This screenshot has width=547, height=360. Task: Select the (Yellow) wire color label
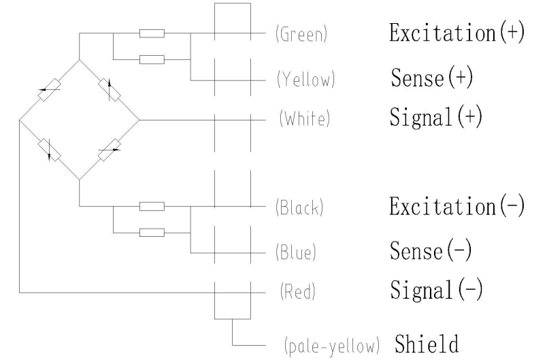pyautogui.click(x=305, y=80)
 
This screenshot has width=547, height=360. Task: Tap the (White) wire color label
pyautogui.click(x=304, y=119)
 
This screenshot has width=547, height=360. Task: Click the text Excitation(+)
pyautogui.click(x=457, y=34)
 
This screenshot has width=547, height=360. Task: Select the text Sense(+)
pyautogui.click(x=432, y=79)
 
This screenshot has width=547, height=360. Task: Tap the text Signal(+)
pyautogui.click(x=436, y=117)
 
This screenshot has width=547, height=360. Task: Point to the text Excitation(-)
pyautogui.click(x=457, y=207)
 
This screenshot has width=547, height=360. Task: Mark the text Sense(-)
pyautogui.click(x=432, y=252)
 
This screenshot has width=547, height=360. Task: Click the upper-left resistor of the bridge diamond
pyautogui.click(x=50, y=91)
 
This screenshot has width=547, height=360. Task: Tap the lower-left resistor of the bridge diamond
pyautogui.click(x=50, y=150)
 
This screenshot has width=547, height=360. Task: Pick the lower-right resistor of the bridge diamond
pyautogui.click(x=109, y=150)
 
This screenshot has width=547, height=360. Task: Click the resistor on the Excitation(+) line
pyautogui.click(x=151, y=33)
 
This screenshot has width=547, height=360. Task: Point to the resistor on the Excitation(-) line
pyautogui.click(x=151, y=206)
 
